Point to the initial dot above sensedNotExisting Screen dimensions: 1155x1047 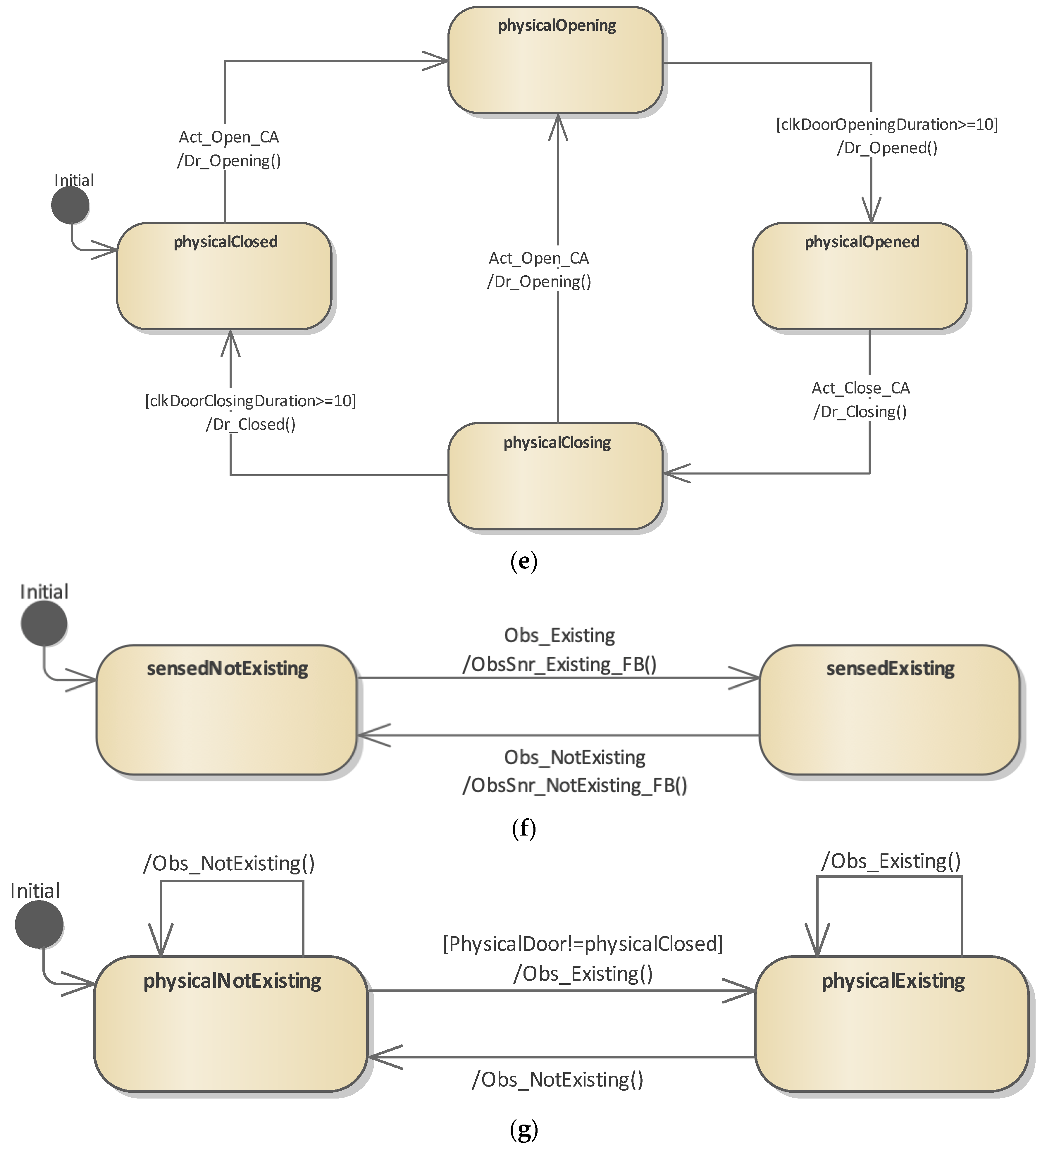point(44,623)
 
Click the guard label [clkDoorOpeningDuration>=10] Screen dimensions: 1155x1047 point(887,124)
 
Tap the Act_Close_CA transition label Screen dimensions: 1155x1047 point(860,388)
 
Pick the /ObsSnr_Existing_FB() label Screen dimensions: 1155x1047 point(559,664)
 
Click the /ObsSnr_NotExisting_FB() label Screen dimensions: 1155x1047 point(574,785)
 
